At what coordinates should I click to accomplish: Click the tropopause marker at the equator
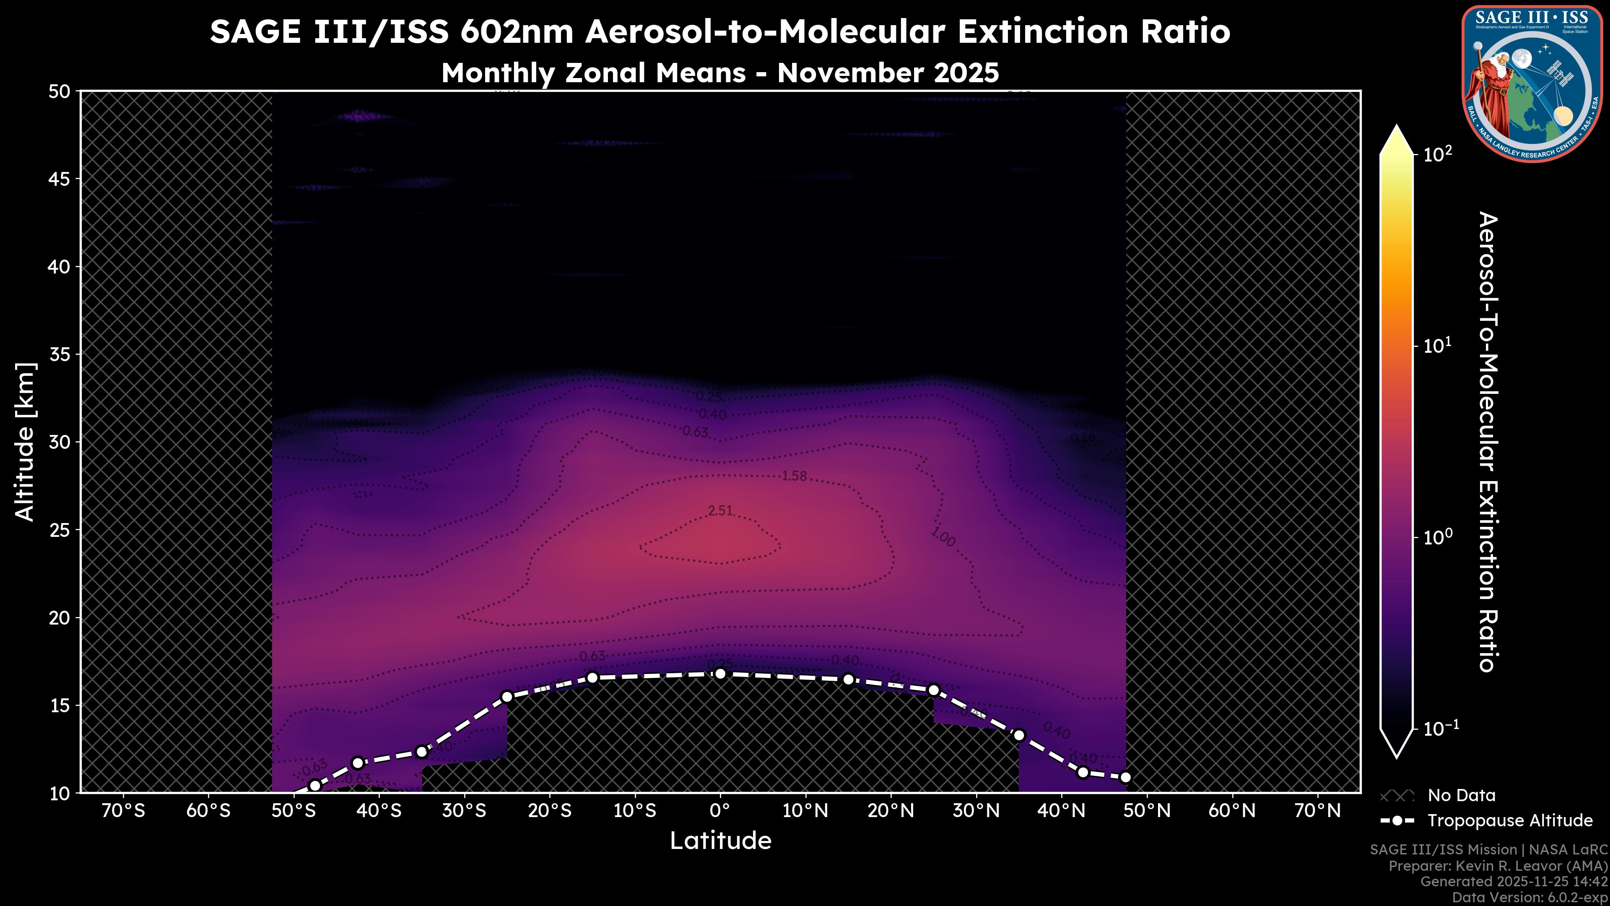(720, 673)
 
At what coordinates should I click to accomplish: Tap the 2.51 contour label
(720, 511)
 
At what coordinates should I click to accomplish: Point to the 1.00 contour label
(943, 536)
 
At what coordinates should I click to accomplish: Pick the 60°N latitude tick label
(1232, 811)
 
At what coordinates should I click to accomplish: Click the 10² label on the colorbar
(1438, 154)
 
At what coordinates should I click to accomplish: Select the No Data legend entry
(1461, 795)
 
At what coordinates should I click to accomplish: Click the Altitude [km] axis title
(26, 441)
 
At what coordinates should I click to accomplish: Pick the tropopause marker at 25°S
(507, 697)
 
